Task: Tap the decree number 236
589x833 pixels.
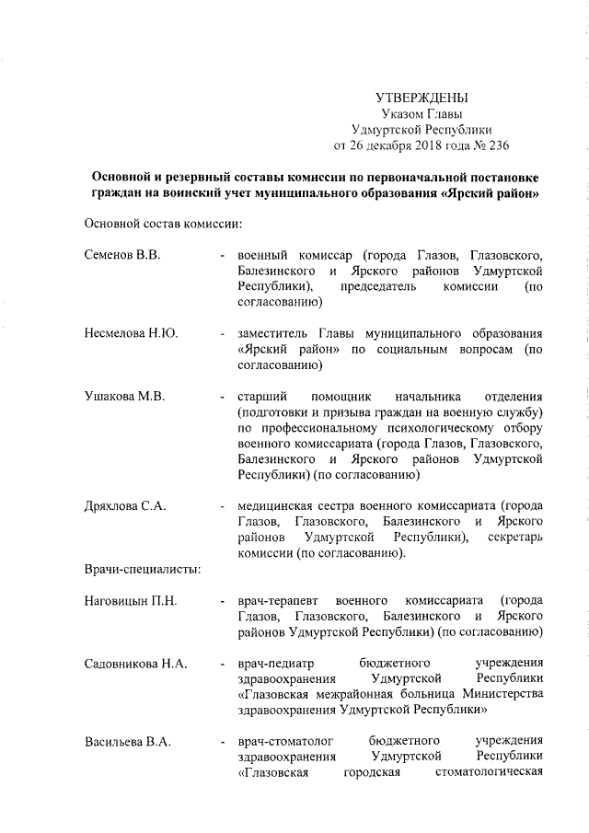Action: tap(498, 145)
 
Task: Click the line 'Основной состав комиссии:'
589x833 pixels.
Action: tap(163, 223)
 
